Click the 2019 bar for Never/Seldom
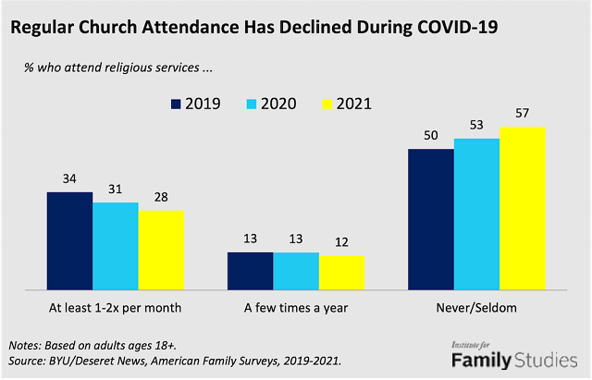pos(431,218)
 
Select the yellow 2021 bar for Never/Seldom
pos(522,208)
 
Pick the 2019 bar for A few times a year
pos(250,270)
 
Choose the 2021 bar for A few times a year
pos(341,272)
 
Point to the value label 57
pos(522,116)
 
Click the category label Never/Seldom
pos(476,306)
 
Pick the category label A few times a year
pos(296,306)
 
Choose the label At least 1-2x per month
pos(116,306)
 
